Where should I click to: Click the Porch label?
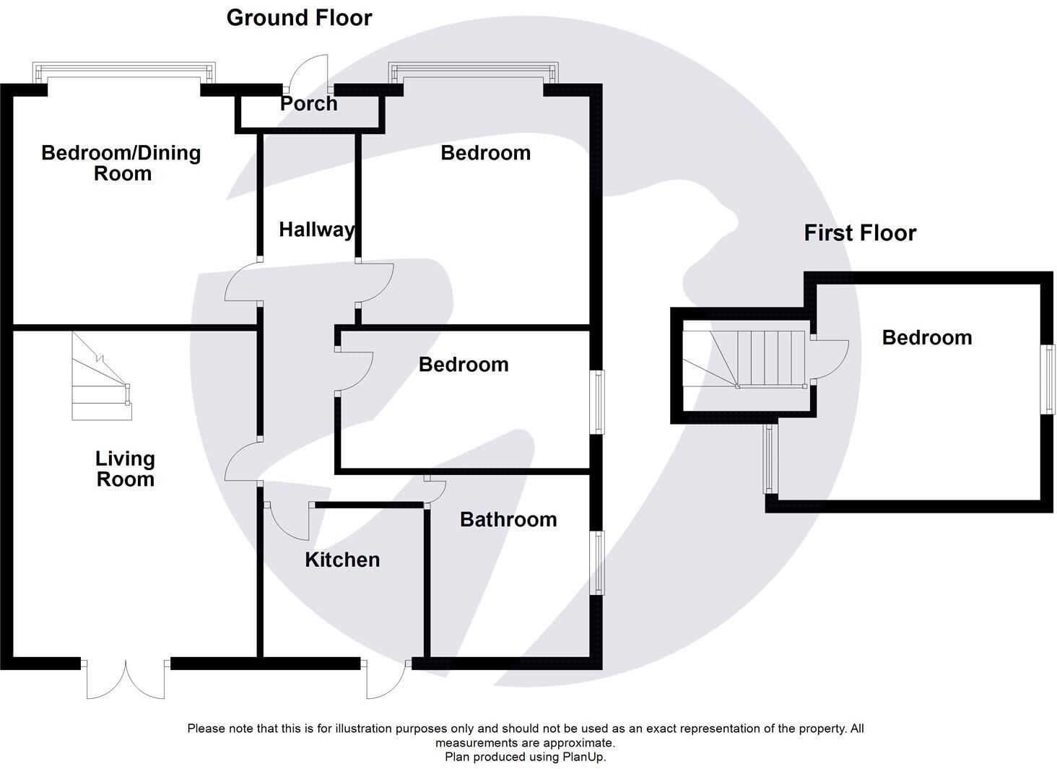tap(308, 104)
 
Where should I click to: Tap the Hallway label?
tap(316, 230)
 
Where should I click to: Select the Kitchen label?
tap(342, 560)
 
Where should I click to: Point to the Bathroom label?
tap(508, 519)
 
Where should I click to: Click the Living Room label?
tap(125, 469)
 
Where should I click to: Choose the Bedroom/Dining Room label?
tap(121, 162)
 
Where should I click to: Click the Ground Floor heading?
tap(299, 17)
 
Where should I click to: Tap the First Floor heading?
tap(860, 233)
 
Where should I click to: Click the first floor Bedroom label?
tap(926, 337)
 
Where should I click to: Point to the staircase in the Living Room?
tap(101, 376)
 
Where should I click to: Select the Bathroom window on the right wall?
tap(598, 563)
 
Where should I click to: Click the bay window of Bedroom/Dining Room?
tap(124, 72)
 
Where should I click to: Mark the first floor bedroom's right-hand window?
tap(1047, 379)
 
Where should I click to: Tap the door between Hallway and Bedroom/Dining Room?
tap(243, 283)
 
